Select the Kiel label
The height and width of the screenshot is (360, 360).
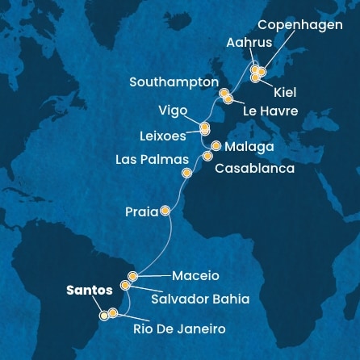pyautogui.click(x=285, y=94)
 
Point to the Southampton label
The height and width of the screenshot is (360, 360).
pyautogui.click(x=174, y=82)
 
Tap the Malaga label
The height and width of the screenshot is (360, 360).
pyautogui.click(x=250, y=147)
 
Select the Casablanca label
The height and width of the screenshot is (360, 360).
pyautogui.click(x=254, y=169)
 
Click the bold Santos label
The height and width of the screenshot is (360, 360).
pyautogui.click(x=89, y=290)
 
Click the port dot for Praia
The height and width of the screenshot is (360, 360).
pyautogui.click(x=165, y=211)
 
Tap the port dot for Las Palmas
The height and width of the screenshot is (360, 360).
pyautogui.click(x=187, y=173)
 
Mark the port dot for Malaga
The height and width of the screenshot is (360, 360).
pyautogui.click(x=216, y=146)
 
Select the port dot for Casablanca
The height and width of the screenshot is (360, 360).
pyautogui.click(x=207, y=157)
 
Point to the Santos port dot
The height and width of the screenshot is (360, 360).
pyautogui.click(x=104, y=316)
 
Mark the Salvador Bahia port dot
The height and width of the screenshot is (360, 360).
pyautogui.click(x=125, y=285)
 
